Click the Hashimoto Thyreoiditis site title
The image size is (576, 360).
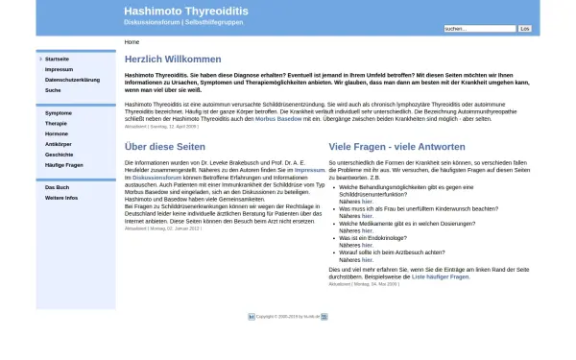(x=185, y=12)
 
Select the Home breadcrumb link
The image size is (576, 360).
(x=132, y=42)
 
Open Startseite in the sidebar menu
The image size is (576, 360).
(x=57, y=59)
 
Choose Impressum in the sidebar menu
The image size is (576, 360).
(x=59, y=69)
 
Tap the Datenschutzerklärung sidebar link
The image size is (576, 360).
(x=72, y=80)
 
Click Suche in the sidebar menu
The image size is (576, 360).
(x=53, y=90)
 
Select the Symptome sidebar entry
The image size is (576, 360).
(x=58, y=112)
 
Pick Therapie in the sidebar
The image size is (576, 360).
(x=56, y=123)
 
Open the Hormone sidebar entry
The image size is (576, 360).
(x=56, y=133)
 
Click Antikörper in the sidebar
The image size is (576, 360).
(x=59, y=144)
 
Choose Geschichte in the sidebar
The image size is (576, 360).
(x=59, y=155)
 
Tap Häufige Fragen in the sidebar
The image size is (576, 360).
(x=63, y=165)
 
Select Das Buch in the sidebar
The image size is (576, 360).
(x=57, y=187)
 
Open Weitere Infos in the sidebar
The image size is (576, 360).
(x=60, y=198)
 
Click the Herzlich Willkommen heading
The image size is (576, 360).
(x=173, y=60)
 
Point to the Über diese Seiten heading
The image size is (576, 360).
(x=165, y=147)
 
